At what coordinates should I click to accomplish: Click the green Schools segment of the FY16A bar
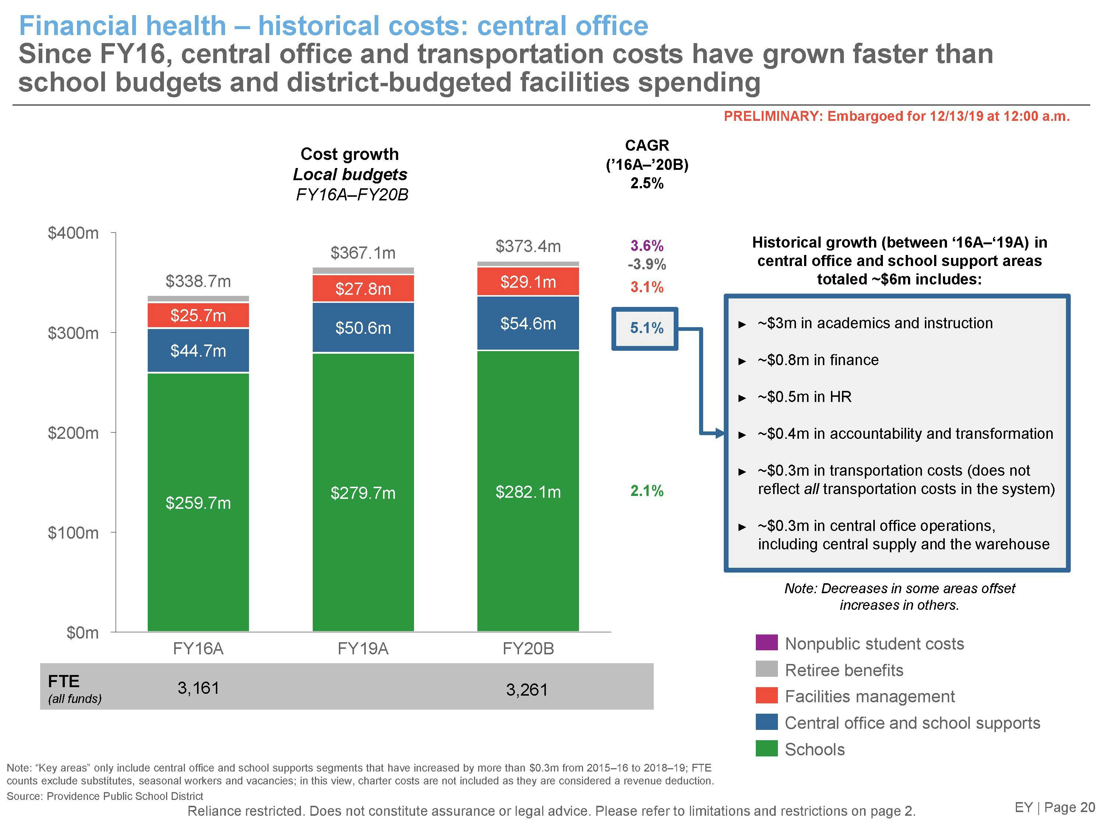click(198, 502)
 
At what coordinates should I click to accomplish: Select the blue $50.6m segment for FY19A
click(363, 328)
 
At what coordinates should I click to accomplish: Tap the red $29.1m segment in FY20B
click(528, 282)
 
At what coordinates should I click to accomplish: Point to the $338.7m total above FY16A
click(198, 281)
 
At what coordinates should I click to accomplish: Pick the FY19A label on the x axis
click(363, 648)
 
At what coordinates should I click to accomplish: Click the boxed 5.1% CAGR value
click(646, 328)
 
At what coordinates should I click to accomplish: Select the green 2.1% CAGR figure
click(646, 491)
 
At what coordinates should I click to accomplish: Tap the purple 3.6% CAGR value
click(646, 245)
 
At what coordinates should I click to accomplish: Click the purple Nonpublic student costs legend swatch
click(766, 643)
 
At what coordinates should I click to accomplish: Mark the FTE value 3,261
click(527, 690)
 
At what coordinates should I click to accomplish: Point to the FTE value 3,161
click(198, 688)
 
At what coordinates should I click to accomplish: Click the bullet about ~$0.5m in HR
click(804, 397)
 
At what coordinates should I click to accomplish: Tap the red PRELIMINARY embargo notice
click(897, 116)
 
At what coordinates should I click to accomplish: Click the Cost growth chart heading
click(350, 154)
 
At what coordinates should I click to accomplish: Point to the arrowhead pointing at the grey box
click(720, 434)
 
